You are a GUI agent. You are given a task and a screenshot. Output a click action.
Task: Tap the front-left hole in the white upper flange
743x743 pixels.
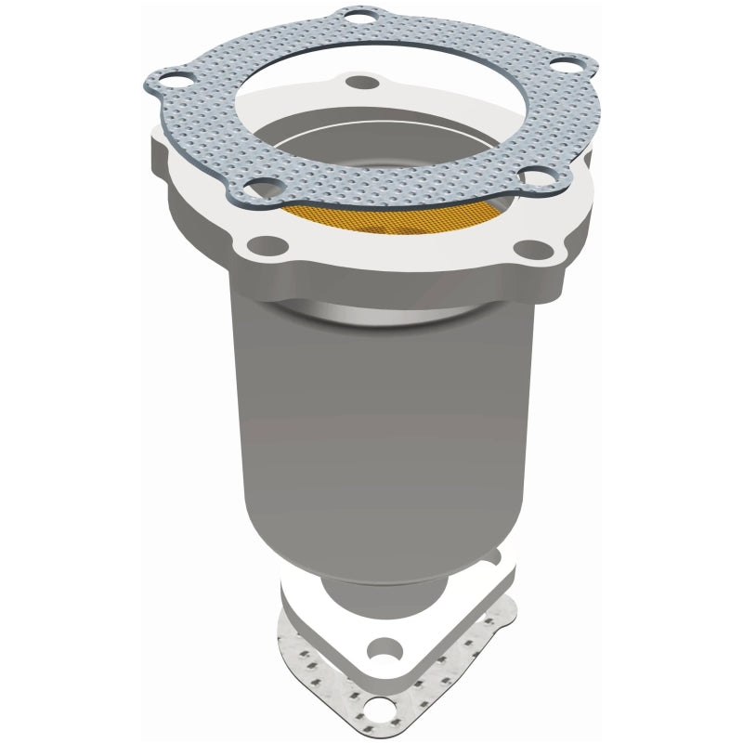pyautogui.click(x=268, y=245)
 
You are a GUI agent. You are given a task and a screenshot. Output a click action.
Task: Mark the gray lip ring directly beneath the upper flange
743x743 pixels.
pyautogui.click(x=381, y=314)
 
